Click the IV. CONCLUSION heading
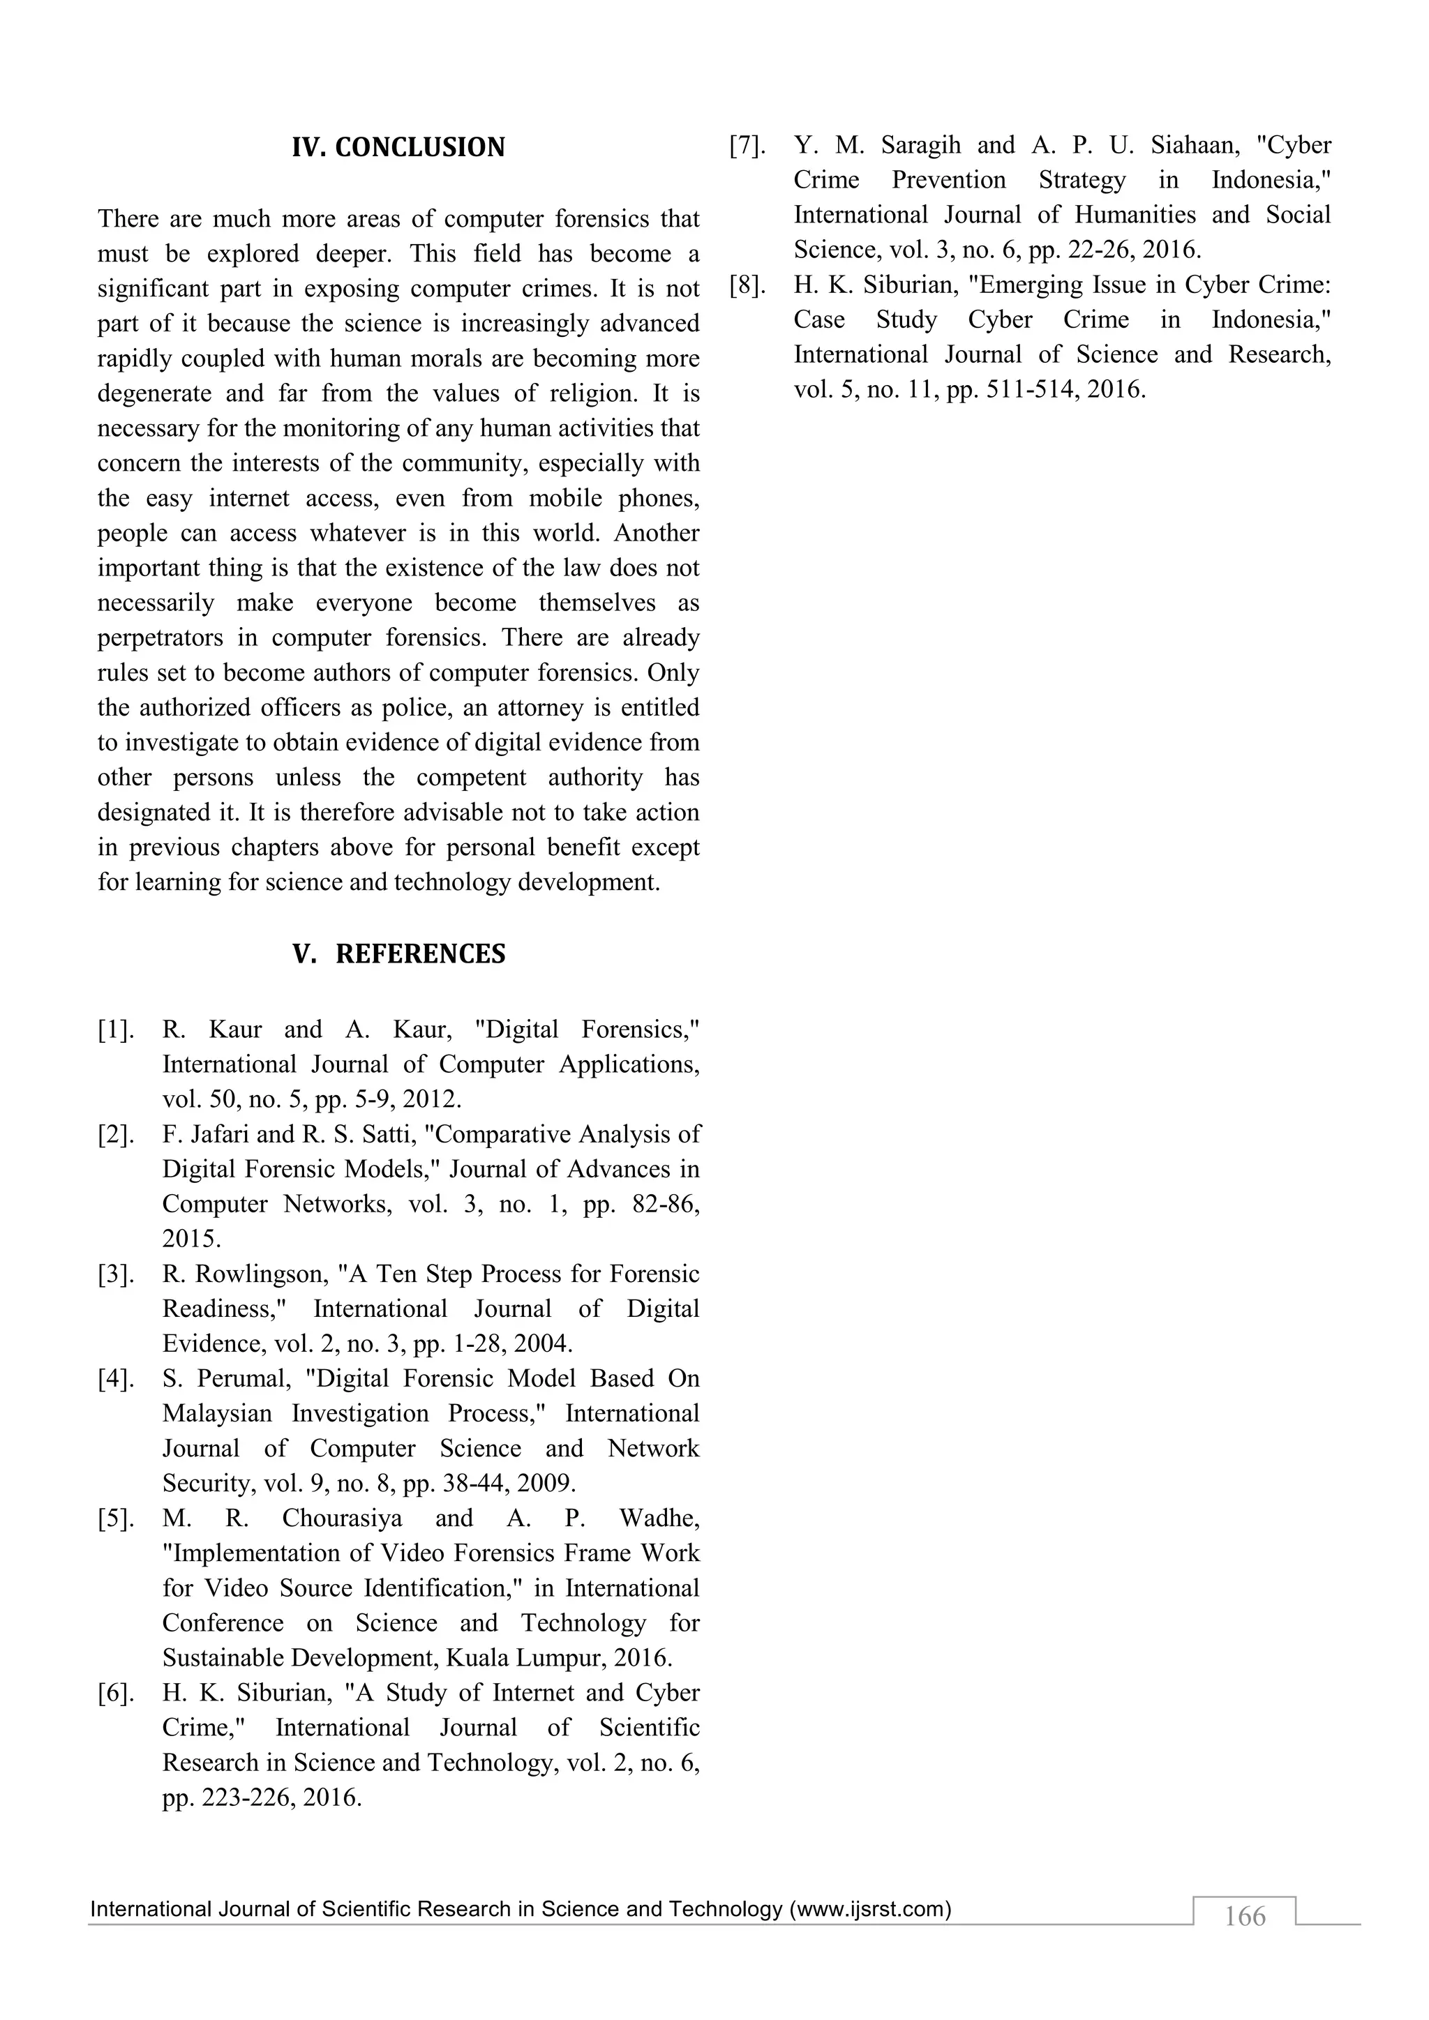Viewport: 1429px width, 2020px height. [x=398, y=147]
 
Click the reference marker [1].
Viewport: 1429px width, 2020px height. [x=116, y=1030]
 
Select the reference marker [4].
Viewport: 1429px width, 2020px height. [x=116, y=1378]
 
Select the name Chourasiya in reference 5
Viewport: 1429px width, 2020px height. [x=343, y=1518]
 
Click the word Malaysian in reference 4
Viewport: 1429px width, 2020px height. [x=216, y=1414]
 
